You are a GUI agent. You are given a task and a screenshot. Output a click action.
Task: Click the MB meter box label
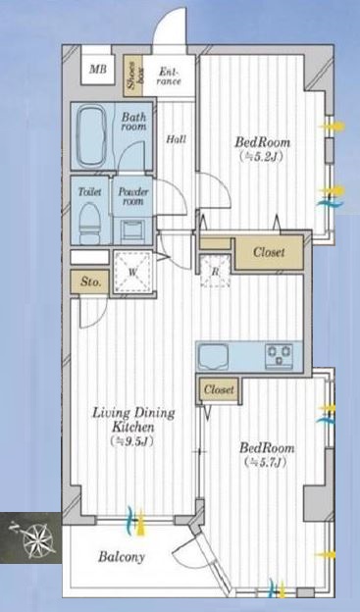tap(98, 70)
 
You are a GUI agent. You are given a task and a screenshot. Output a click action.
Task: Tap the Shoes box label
tap(133, 76)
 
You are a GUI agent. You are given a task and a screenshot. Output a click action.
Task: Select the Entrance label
tap(170, 76)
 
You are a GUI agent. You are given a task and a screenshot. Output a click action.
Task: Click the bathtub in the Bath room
tap(93, 135)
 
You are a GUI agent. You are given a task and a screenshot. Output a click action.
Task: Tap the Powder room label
tap(133, 197)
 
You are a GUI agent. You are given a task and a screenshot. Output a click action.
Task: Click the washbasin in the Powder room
tap(132, 231)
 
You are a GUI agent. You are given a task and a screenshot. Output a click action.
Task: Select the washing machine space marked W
tap(132, 273)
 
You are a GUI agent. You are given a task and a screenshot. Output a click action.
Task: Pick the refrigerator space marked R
tap(215, 272)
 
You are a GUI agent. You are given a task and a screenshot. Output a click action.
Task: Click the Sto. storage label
tap(88, 281)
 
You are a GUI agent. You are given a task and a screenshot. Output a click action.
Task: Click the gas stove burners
tap(279, 356)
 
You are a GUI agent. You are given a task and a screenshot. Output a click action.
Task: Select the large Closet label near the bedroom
tap(269, 252)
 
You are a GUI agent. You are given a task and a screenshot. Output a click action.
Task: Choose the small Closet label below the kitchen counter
tap(220, 389)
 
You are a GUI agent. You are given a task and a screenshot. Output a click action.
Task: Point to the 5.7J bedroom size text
tap(266, 463)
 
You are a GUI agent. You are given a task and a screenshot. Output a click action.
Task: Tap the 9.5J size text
tap(132, 441)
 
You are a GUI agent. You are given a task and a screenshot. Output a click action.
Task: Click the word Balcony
tap(122, 557)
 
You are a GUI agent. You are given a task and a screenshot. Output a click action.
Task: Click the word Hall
tap(177, 138)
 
